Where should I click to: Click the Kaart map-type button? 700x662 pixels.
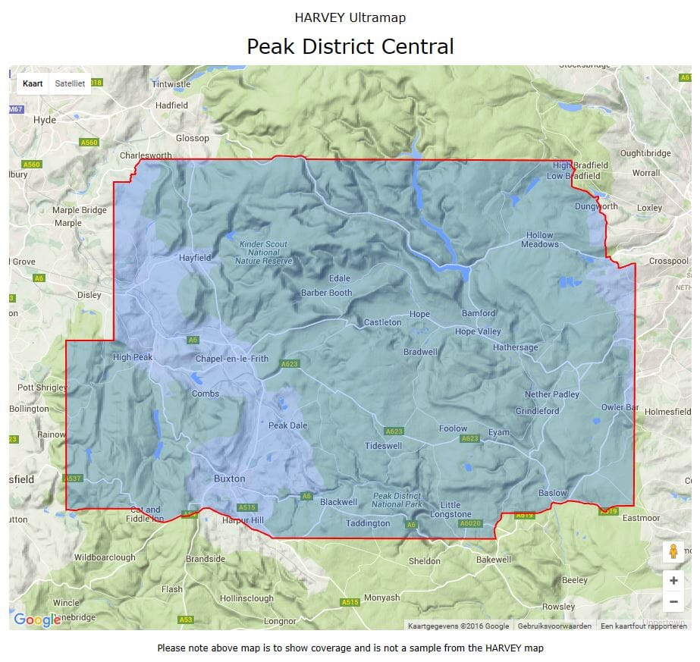(33, 83)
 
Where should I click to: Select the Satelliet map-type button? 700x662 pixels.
(70, 83)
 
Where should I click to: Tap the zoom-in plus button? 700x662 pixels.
(673, 580)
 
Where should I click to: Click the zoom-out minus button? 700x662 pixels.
(673, 602)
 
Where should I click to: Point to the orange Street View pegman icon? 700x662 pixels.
(673, 552)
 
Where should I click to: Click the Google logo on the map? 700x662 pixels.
(37, 620)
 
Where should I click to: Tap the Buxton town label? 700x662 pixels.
(229, 478)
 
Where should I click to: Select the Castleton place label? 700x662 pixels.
(382, 322)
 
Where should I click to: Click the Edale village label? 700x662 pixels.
(340, 278)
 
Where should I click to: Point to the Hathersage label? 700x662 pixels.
(515, 347)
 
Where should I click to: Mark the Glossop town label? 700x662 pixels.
(192, 138)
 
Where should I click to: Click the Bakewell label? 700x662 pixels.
(494, 560)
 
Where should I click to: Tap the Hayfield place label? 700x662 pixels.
(195, 258)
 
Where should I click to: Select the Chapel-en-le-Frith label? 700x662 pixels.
(232, 359)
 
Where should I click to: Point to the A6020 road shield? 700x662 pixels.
(470, 523)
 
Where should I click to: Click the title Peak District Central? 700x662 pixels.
(350, 46)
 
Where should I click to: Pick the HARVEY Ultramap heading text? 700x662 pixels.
(350, 17)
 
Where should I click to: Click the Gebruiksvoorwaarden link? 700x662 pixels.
(554, 626)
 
